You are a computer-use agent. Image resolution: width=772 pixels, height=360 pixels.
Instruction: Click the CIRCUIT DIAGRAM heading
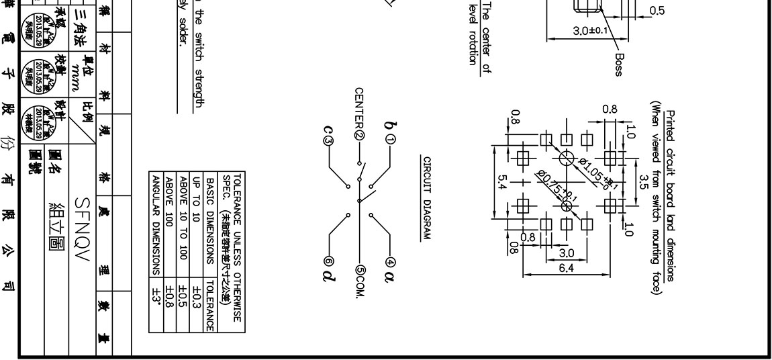tap(426, 197)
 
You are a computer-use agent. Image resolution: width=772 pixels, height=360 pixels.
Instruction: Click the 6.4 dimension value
tap(566, 268)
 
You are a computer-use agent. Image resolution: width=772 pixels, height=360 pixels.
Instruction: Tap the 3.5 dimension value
tap(642, 180)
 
